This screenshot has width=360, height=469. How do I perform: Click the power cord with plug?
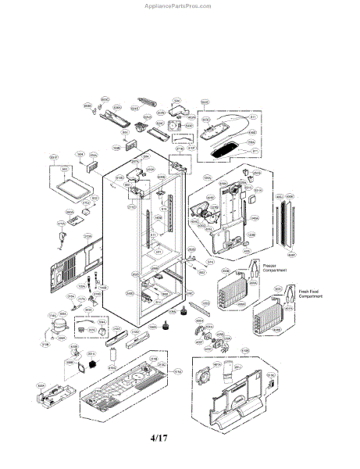pos(62,227)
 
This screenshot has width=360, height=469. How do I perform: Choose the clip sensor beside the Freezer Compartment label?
pos(254,274)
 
